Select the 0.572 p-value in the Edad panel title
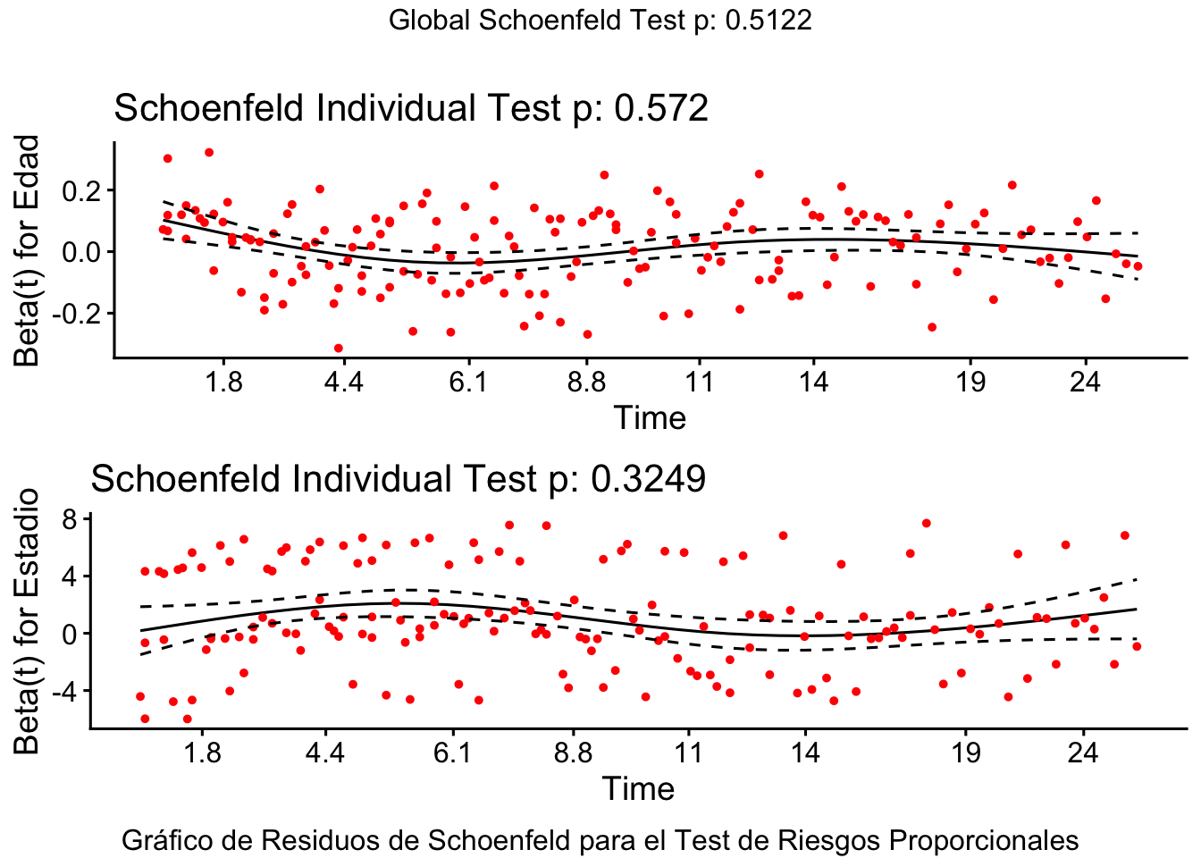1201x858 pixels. click(x=661, y=108)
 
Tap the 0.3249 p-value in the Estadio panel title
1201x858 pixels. click(x=649, y=479)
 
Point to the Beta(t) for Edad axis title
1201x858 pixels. click(x=28, y=250)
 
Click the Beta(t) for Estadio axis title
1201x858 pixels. click(x=28, y=620)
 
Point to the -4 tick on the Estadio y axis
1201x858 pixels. click(x=66, y=691)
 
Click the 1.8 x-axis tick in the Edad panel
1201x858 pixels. click(x=223, y=382)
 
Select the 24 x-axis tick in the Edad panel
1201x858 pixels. click(x=1085, y=382)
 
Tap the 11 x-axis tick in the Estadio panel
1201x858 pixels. click(x=688, y=753)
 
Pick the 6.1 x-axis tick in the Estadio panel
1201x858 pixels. click(x=452, y=753)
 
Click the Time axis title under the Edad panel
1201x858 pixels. click(x=650, y=417)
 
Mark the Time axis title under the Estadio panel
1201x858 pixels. click(x=637, y=788)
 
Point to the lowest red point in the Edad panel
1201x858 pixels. click(x=338, y=349)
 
